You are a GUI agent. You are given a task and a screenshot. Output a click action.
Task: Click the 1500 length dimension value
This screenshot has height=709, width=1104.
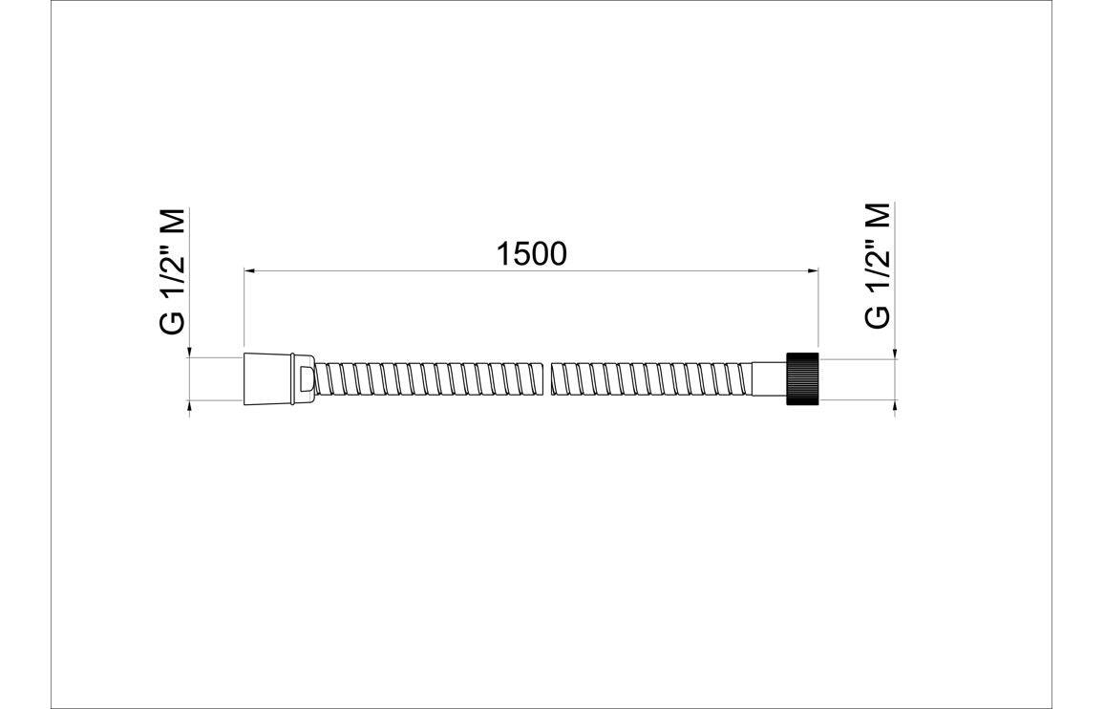532,253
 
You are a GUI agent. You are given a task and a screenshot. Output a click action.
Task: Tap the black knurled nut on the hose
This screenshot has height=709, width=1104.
802,378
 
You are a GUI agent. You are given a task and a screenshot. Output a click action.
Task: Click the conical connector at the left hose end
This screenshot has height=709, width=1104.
268,378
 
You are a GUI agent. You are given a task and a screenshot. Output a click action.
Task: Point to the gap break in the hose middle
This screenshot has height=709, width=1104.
549,378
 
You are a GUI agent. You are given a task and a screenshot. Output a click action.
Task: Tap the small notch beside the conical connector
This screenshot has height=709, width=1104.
304,378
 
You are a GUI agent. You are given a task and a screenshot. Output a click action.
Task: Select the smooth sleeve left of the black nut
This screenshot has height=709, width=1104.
768,378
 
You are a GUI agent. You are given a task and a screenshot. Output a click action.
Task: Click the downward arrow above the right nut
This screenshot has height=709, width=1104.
895,354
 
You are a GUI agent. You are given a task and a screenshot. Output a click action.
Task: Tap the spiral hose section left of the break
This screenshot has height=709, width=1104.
430,378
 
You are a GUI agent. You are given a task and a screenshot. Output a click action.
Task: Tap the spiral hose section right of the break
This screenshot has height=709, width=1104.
649,378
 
